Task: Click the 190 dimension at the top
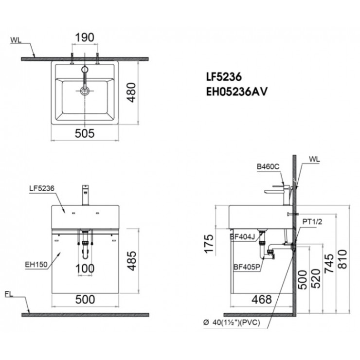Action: (x=85, y=36)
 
